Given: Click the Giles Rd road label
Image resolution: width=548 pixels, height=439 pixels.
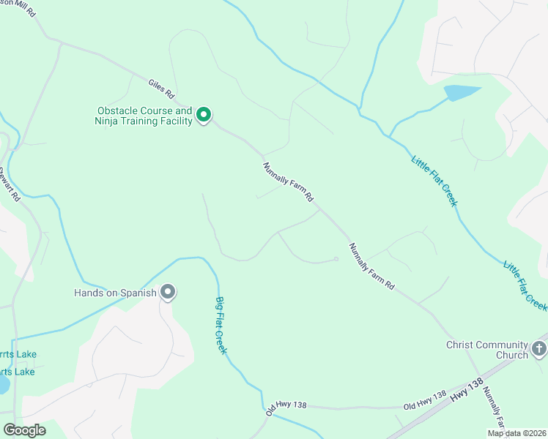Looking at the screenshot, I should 160,89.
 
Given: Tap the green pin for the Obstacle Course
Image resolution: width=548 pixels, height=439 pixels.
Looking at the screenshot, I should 204,115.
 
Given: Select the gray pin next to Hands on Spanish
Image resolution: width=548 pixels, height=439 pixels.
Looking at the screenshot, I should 168,293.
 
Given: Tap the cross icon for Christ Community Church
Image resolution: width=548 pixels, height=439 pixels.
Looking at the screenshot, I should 539,348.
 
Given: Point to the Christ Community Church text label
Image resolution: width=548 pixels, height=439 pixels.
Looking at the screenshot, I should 487,350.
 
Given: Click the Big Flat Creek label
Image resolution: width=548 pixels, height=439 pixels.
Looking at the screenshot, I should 221,325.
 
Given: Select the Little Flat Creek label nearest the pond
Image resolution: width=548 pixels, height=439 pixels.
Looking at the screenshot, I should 434,180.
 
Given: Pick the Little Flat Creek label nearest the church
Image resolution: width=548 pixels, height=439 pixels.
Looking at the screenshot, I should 525,284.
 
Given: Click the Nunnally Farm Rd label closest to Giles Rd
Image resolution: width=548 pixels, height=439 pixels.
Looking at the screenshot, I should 289,182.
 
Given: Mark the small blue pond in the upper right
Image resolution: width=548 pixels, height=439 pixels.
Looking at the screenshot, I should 461,93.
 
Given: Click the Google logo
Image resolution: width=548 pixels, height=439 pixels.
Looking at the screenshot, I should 24,430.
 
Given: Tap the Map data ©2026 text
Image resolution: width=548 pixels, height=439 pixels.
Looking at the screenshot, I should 516,433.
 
